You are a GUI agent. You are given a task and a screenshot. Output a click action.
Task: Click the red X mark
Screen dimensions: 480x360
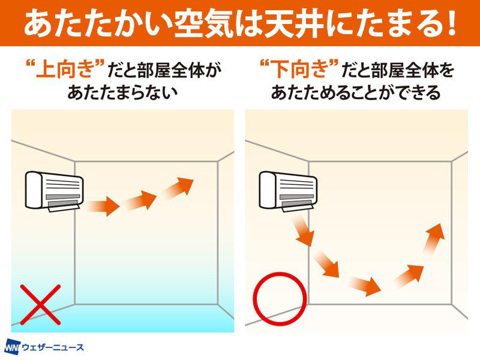click(40, 305)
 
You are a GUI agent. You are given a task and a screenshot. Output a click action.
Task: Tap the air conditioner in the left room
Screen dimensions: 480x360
click(54, 191)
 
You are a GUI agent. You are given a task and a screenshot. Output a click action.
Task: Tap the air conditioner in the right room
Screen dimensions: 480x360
click(288, 191)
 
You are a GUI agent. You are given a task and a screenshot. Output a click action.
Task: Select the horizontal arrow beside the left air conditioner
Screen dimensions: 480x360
click(103, 206)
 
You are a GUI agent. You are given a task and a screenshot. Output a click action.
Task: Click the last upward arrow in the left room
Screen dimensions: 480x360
click(178, 188)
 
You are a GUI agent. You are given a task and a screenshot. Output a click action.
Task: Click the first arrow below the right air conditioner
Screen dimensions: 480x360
click(304, 230)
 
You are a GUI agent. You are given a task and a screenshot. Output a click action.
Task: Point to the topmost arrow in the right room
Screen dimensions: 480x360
click(434, 239)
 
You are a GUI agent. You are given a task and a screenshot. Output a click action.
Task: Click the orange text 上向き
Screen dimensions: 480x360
click(64, 69)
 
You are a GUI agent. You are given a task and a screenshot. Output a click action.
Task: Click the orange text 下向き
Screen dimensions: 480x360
click(298, 69)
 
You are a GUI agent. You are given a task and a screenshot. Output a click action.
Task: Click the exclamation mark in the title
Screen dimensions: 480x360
click(450, 23)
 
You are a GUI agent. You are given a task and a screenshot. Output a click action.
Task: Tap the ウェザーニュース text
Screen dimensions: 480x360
click(53, 348)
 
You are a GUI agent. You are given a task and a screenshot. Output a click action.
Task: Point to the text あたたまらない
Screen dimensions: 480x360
click(122, 92)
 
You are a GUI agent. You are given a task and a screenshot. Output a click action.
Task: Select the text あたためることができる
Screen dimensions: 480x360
click(356, 92)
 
